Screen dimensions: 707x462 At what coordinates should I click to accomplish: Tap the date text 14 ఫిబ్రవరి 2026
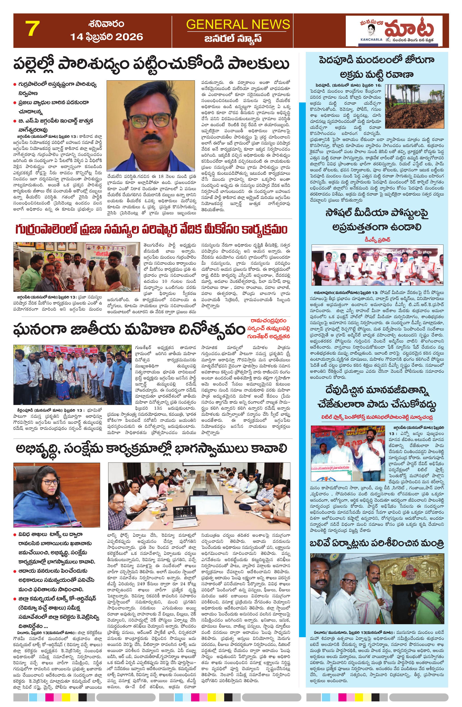pyautogui.click(x=107, y=37)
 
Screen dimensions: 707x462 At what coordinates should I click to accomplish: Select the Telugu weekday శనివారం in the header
pyautogui.click(x=106, y=23)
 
